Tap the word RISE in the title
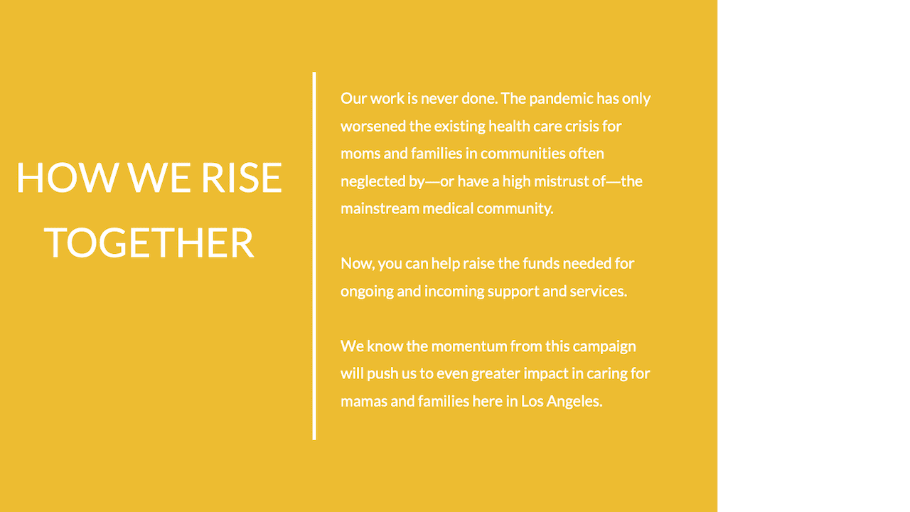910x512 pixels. click(x=242, y=177)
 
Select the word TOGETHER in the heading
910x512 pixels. click(x=149, y=242)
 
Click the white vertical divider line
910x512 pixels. click(x=314, y=256)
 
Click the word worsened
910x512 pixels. click(x=373, y=127)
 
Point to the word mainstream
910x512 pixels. click(x=380, y=209)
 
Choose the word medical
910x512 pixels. click(x=448, y=209)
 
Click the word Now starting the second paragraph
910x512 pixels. click(x=357, y=264)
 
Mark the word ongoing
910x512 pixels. click(x=367, y=292)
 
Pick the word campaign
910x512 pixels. click(x=604, y=347)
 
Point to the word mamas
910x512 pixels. click(x=363, y=402)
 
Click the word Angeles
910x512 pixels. click(x=574, y=402)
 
